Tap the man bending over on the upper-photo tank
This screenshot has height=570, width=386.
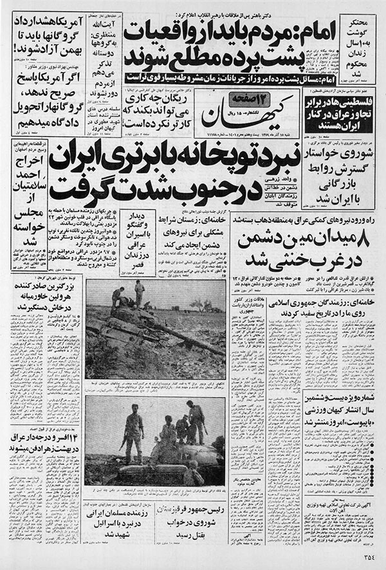pyautogui.click(x=117, y=297)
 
